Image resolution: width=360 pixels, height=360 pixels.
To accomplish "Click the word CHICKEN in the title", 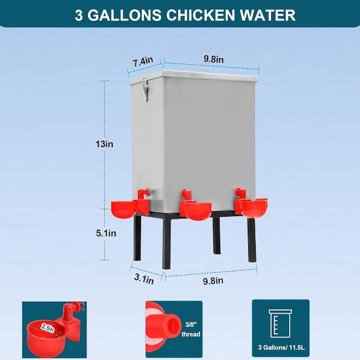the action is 200,16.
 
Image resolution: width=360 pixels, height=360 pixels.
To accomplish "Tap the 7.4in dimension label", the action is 143,62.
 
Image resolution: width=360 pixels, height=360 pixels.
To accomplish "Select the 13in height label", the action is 104,144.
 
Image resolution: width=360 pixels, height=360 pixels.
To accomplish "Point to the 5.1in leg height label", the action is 106,233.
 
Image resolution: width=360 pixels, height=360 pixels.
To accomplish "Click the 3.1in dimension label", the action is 144,279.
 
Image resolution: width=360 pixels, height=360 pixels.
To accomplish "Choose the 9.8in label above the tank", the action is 214,59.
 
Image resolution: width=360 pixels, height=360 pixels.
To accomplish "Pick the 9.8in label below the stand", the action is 213,281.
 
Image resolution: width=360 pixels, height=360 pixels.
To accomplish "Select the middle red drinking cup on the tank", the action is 196,205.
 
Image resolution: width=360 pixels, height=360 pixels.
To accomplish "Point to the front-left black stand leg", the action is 166,244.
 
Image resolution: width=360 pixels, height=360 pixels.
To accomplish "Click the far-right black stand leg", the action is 251,239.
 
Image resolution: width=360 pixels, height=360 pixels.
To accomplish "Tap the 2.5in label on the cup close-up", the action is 48,328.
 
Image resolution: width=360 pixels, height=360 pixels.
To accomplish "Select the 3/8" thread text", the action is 191,329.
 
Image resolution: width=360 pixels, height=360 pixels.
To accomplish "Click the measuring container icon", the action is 281,323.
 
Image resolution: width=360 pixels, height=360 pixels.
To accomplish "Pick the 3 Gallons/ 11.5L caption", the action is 281,347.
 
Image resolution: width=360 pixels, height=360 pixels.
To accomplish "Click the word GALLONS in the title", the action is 124,16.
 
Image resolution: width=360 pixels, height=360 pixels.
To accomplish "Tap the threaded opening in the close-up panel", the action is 172,325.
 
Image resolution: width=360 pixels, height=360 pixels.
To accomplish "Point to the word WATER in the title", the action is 268,16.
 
